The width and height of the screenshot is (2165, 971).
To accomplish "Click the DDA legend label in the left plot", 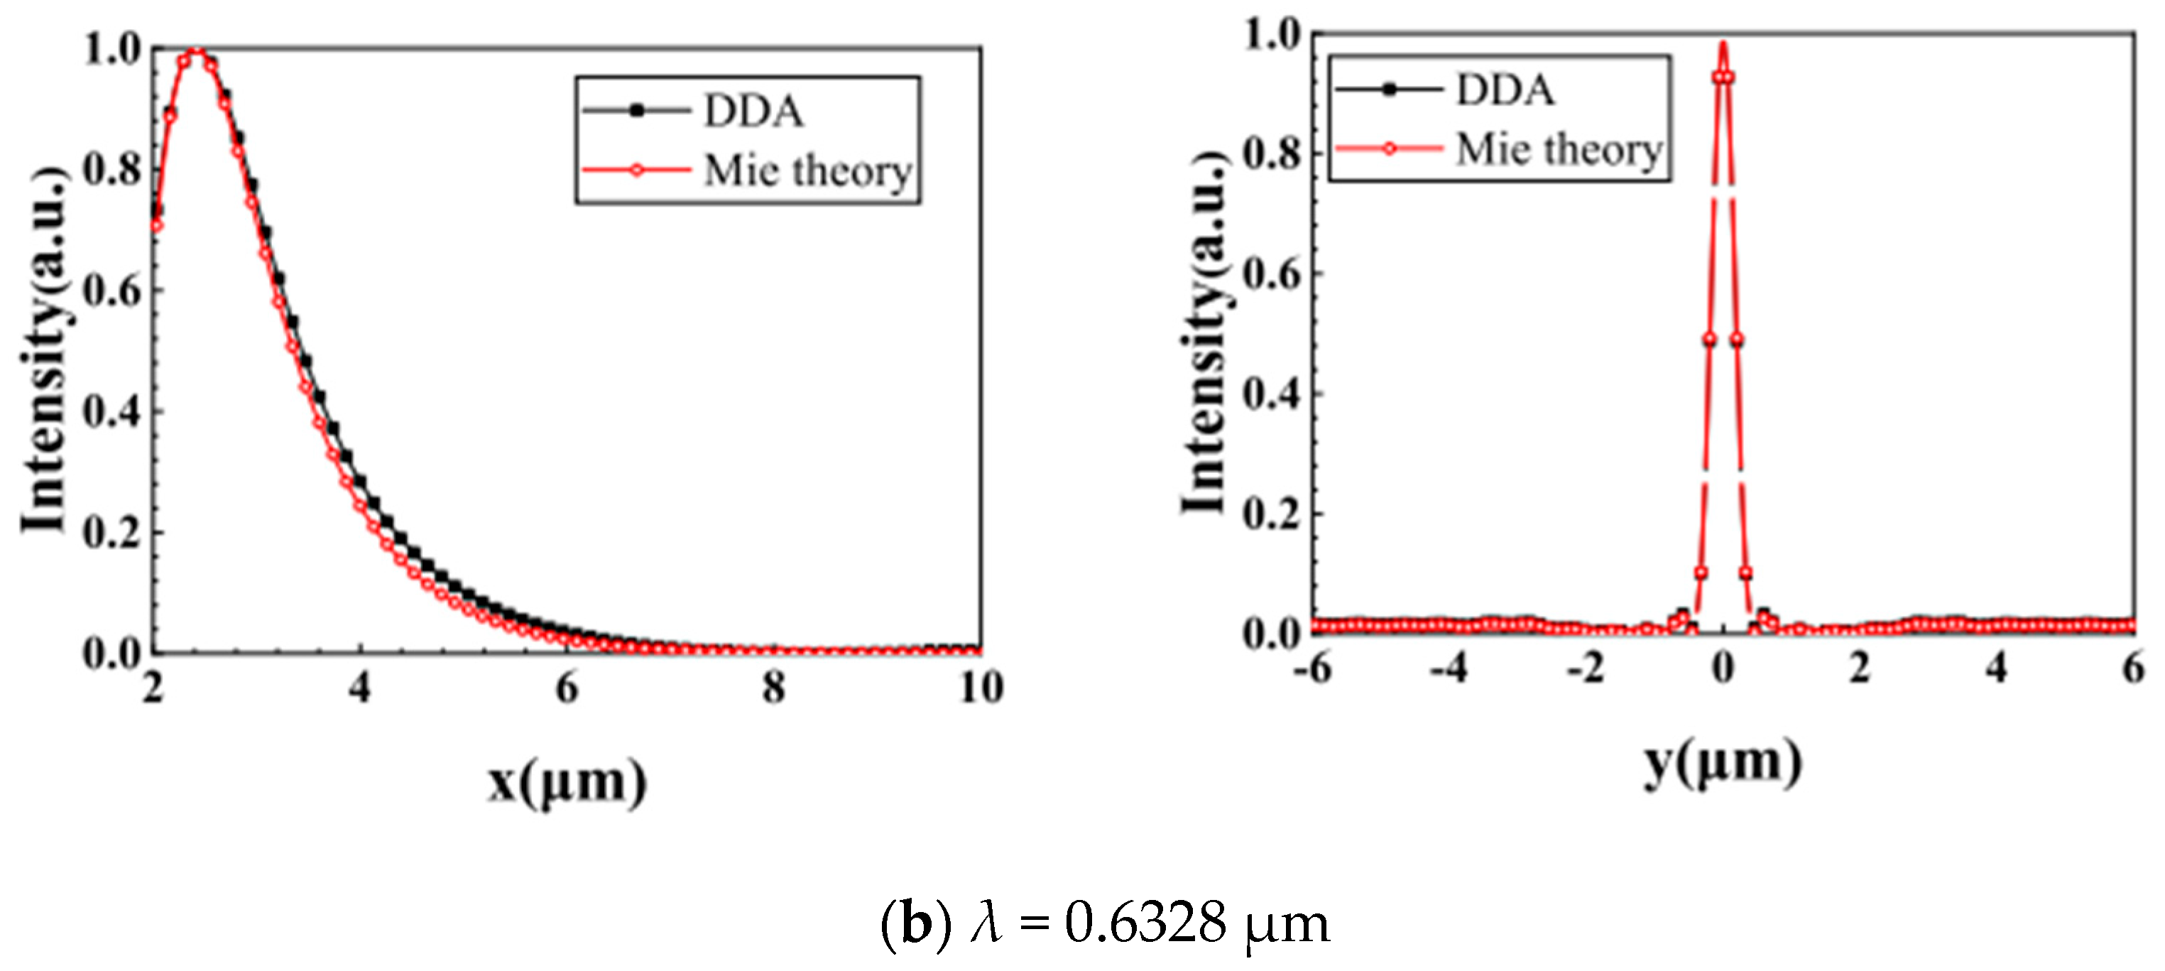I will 753,112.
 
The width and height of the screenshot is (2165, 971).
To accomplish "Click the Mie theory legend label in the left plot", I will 807,171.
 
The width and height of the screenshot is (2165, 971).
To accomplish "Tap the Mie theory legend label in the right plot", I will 1559,151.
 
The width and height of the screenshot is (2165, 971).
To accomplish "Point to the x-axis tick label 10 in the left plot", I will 981,688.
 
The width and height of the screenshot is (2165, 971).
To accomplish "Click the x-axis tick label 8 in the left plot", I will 773,688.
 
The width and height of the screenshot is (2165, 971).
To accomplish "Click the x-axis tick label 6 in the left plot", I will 567,688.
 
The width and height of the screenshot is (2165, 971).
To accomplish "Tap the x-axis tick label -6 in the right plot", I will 1312,668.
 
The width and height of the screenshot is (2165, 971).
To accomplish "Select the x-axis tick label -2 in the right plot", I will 1586,668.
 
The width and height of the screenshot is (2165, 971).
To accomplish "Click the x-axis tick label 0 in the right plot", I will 1723,668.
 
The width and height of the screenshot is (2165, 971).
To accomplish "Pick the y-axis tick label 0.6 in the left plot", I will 111,291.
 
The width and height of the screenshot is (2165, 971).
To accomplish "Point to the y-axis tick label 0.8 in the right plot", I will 1272,154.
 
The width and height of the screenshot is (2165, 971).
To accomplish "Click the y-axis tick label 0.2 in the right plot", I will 1272,514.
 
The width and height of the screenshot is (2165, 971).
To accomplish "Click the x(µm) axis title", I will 567,782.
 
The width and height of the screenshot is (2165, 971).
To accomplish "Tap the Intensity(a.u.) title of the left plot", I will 44,349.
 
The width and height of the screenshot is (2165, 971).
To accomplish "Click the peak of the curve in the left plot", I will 196,54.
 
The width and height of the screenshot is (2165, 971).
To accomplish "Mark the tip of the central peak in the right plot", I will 1723,44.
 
